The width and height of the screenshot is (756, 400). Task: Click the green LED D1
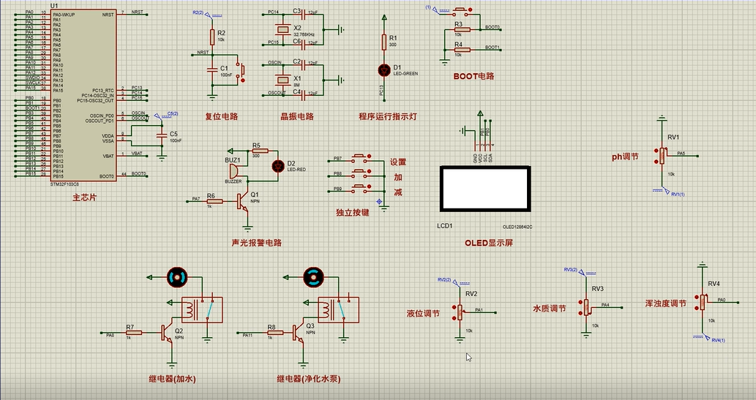coord(383,69)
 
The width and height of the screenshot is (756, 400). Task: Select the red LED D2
coord(277,165)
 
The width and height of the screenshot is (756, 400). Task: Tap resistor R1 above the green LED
coord(383,41)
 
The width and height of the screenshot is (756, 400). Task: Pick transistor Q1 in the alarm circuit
coord(243,203)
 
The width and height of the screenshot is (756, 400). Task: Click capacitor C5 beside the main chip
coord(161,136)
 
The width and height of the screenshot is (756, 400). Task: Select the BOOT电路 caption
coord(474,75)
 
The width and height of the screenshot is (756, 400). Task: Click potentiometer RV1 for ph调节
coord(662,154)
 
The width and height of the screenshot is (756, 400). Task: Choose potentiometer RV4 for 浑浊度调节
coord(703,300)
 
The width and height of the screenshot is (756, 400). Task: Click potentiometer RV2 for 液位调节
coord(460,311)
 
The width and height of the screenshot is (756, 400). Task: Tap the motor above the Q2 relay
coord(177,276)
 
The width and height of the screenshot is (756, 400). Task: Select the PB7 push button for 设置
coord(360,158)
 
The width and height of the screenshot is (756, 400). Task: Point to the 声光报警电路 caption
coord(256,243)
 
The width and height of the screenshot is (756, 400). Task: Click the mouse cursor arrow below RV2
coord(469,357)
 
